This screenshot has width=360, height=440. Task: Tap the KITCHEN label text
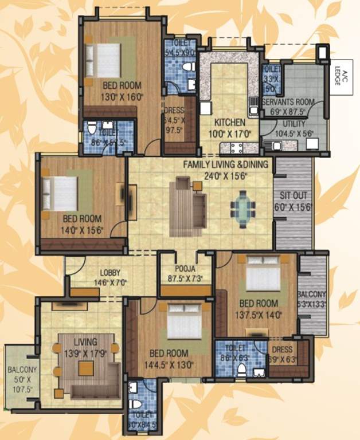pos(230,123)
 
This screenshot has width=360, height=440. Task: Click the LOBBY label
pos(109,273)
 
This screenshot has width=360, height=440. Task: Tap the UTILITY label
pos(295,123)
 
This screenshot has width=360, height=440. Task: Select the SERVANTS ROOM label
pos(289,102)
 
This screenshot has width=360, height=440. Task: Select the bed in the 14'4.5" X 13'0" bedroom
pos(185,324)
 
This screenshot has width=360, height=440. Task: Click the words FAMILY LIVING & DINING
pos(225,165)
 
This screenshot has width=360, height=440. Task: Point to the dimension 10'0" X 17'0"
pos(230,133)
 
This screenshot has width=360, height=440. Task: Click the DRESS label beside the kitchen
pos(173,111)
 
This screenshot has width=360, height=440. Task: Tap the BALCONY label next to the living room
pos(22,370)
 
